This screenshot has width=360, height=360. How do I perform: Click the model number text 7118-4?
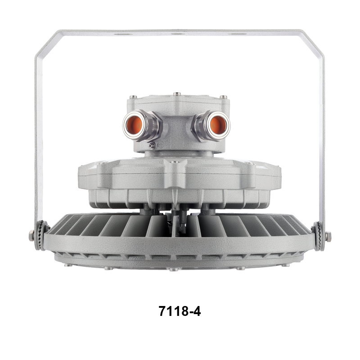180,311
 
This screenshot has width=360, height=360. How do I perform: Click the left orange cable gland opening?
134,125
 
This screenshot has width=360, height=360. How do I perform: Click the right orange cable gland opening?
218,125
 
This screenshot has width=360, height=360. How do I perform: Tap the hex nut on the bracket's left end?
31,236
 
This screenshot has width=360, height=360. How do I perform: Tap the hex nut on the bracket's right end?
328,236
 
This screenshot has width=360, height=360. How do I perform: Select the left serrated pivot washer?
42,235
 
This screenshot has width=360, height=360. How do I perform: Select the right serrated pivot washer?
318,236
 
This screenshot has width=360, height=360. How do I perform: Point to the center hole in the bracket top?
178,34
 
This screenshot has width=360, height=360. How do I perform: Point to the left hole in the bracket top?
123,34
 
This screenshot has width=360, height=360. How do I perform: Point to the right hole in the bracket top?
238,34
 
